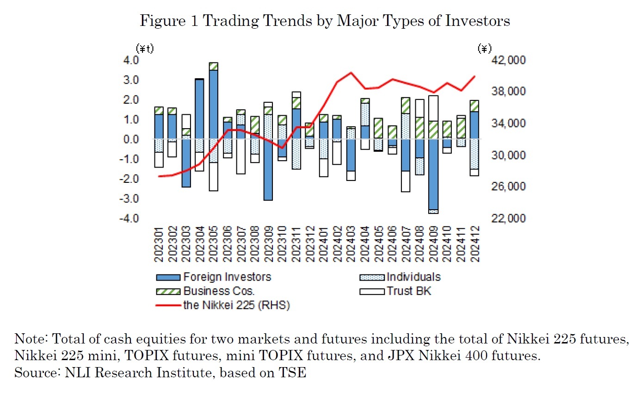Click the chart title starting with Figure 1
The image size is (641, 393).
pos(325,21)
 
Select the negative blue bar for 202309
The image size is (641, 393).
pos(268,169)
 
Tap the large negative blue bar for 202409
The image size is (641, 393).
pos(433,174)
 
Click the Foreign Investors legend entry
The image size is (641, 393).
pos(227,277)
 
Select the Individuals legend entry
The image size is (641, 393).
pos(413,277)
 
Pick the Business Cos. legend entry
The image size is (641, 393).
pos(219,291)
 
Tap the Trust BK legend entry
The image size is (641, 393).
pos(408,291)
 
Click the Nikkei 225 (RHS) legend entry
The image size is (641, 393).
pos(236,305)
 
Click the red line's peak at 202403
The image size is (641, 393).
pos(351,73)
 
